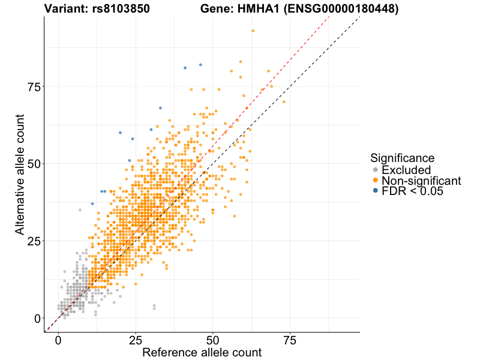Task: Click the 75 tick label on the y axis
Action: [x=34, y=87]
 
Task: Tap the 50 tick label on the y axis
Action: [x=34, y=164]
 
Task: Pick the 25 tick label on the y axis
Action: [x=34, y=241]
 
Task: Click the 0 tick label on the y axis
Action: [x=38, y=318]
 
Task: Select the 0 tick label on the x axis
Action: [x=58, y=340]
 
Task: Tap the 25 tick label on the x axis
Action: [x=136, y=340]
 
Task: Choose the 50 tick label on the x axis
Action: [x=212, y=340]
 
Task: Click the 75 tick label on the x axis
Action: [x=290, y=340]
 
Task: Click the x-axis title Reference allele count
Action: [x=202, y=352]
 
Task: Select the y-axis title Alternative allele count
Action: [x=20, y=174]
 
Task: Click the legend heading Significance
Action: [x=402, y=158]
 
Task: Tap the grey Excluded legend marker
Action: [x=375, y=170]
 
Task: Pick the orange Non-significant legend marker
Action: [x=375, y=180]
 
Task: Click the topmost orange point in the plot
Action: [x=253, y=31]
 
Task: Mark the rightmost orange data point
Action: [x=284, y=102]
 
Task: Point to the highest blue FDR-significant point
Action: [x=200, y=65]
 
